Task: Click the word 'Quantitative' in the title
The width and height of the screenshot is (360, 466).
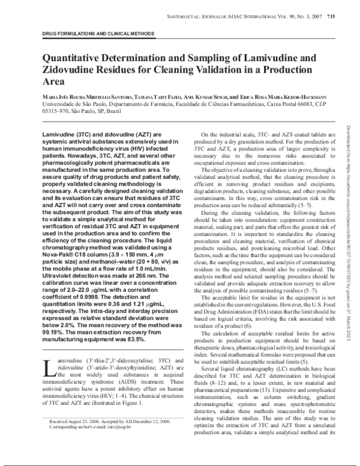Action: pyautogui.click(x=80, y=58)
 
